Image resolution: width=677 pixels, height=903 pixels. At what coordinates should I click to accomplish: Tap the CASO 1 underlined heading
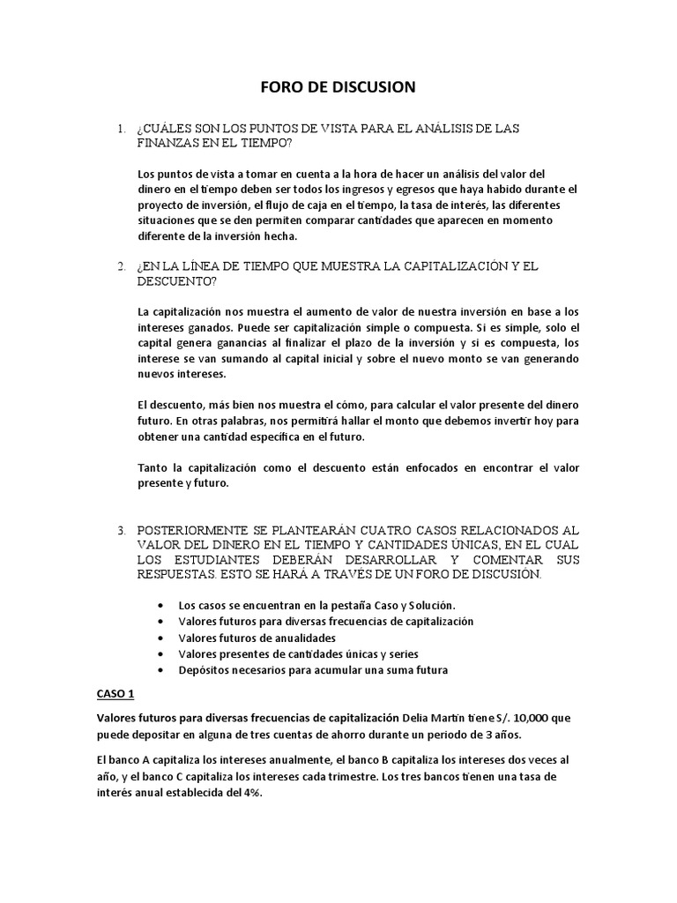click(x=115, y=693)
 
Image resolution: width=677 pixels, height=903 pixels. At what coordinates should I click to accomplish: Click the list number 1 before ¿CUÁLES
click(x=122, y=129)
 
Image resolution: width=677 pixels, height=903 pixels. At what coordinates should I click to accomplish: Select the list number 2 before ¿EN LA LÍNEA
click(x=122, y=265)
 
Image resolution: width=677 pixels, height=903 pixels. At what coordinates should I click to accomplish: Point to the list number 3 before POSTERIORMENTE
click(x=122, y=531)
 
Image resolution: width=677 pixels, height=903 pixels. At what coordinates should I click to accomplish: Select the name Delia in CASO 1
click(x=417, y=717)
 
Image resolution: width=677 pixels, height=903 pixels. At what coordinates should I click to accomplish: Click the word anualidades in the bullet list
click(x=302, y=638)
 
